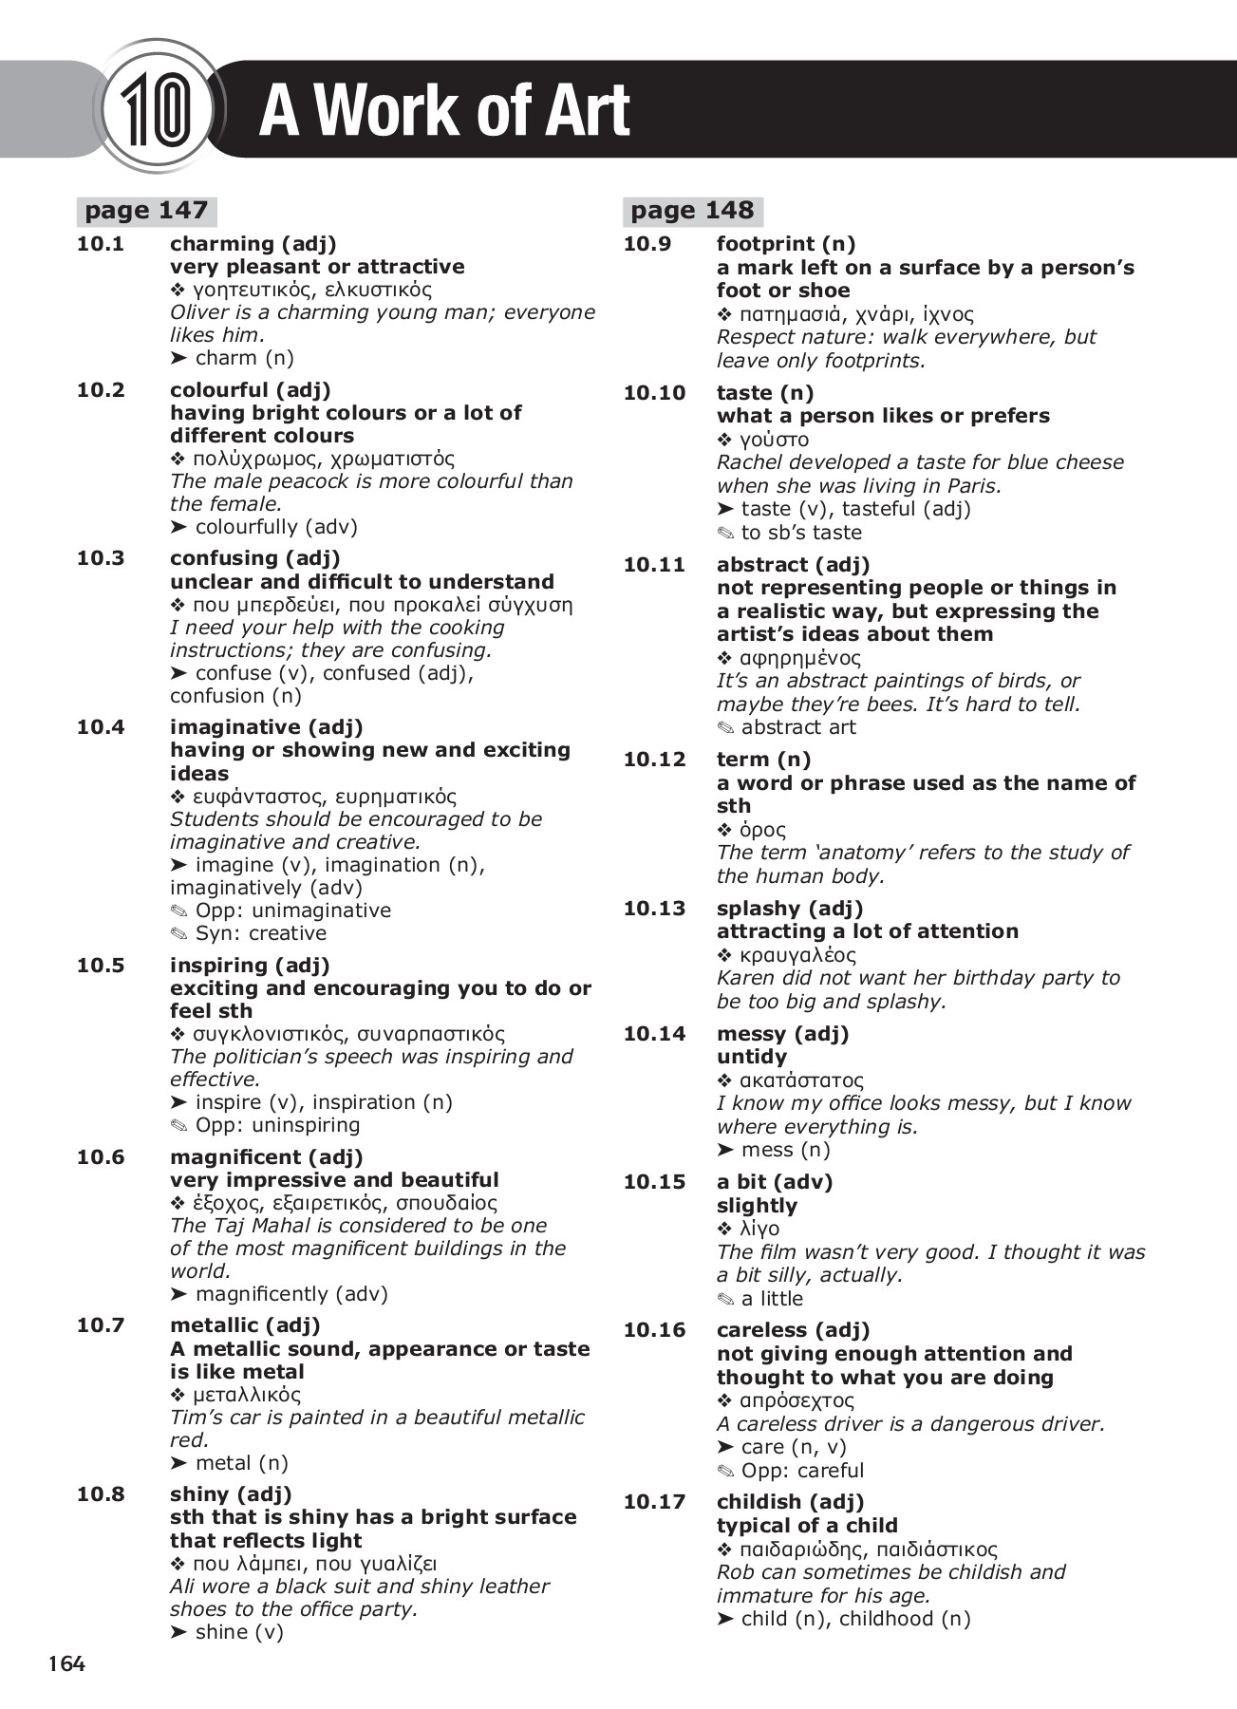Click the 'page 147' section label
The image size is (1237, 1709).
click(145, 211)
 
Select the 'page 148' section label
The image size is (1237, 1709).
click(692, 211)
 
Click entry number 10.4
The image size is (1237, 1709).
click(101, 727)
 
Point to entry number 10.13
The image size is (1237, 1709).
click(654, 909)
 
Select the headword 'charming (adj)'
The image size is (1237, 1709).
click(253, 244)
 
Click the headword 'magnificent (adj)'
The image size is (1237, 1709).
click(266, 1157)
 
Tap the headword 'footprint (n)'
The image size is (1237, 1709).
click(786, 244)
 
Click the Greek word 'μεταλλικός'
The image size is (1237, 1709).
click(246, 1395)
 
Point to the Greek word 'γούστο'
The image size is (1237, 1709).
click(774, 440)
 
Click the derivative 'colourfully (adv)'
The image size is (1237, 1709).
click(275, 527)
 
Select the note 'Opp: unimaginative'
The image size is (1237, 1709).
click(292, 911)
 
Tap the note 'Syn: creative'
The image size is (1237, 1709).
click(260, 933)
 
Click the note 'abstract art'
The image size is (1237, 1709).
click(797, 727)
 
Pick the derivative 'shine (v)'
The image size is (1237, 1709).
click(238, 1632)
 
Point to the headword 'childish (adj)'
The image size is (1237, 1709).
click(790, 1502)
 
